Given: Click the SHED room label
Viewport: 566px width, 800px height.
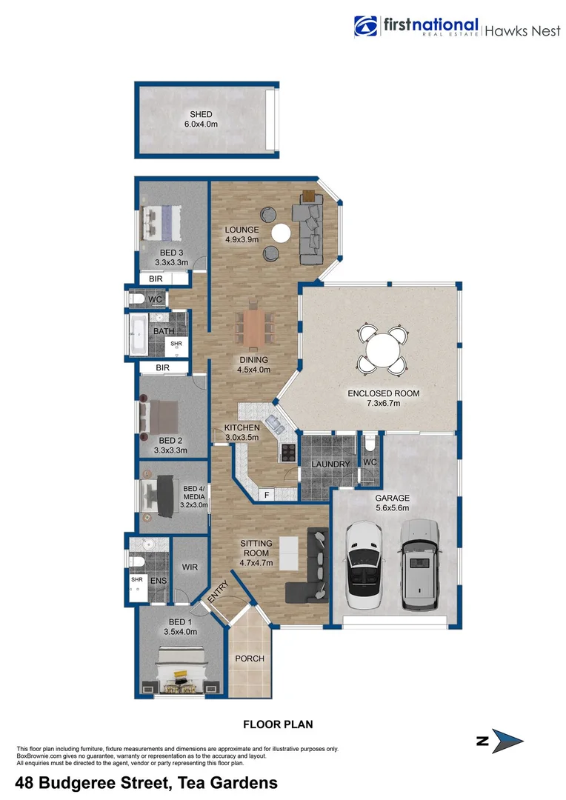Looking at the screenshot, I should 201,115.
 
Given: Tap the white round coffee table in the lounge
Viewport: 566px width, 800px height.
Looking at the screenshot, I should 282,234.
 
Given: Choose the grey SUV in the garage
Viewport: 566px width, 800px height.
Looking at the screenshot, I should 419,563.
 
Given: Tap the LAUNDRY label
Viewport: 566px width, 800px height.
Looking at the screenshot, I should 330,464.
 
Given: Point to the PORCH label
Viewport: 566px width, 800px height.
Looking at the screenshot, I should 249,659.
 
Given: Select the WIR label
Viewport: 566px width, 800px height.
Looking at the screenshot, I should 188,567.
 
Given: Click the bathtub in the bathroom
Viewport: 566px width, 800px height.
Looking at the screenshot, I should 139,334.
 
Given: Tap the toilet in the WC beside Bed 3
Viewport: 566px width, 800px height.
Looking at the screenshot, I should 136,299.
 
